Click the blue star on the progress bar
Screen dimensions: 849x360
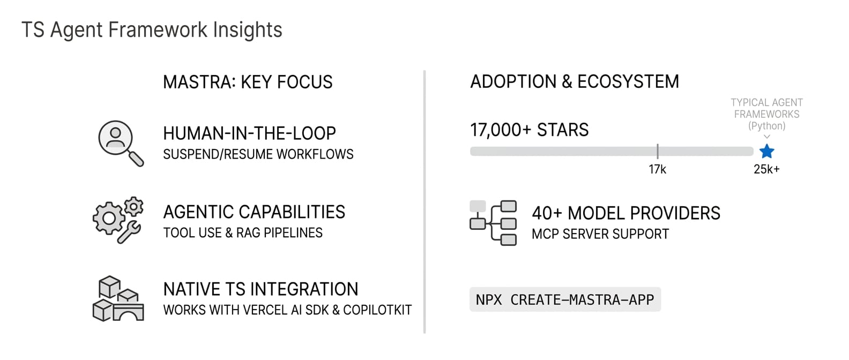(766, 151)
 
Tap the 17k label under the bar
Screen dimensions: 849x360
(657, 169)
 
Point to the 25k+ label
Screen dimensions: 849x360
(766, 169)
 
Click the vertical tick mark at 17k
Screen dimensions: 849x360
(658, 151)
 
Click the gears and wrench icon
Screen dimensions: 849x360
(118, 220)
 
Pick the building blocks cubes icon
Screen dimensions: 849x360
(118, 298)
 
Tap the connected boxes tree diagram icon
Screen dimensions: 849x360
(493, 223)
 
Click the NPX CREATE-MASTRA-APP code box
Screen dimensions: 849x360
(565, 299)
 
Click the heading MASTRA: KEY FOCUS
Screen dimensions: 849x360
(248, 82)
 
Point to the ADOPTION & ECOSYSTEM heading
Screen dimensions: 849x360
(575, 81)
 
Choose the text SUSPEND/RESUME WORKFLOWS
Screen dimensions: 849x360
(258, 154)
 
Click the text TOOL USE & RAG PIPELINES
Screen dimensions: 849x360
(243, 232)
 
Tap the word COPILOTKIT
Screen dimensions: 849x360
(377, 310)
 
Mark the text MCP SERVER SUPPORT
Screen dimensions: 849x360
(600, 234)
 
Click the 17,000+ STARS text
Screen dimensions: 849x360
(530, 130)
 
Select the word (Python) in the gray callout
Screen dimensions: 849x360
(767, 126)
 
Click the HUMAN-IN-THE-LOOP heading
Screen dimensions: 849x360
(249, 133)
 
